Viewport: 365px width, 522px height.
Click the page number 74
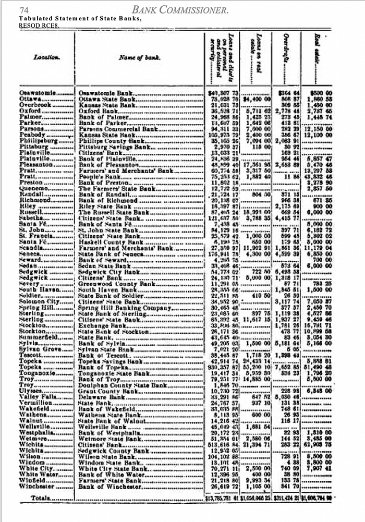tap(23, 10)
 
